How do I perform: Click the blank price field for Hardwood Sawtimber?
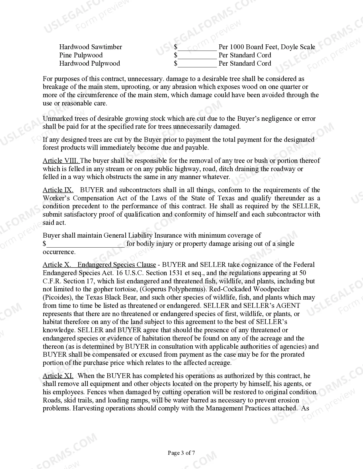click(x=197, y=47)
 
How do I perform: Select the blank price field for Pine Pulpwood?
click(x=197, y=55)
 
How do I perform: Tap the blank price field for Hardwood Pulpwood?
click(x=197, y=64)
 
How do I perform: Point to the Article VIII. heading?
click(x=61, y=161)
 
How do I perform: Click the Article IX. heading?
click(x=58, y=190)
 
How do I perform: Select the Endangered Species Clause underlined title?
click(x=117, y=265)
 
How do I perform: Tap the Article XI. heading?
click(x=58, y=376)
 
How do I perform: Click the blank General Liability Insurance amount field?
click(x=85, y=244)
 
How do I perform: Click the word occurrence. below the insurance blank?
click(x=59, y=252)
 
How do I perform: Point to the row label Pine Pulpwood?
click(x=81, y=55)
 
